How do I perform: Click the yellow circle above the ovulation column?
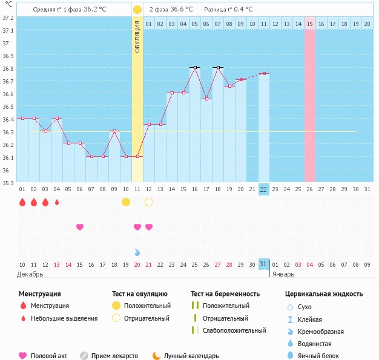[137, 10]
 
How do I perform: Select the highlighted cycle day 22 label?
[263, 189]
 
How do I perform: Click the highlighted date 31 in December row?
[263, 264]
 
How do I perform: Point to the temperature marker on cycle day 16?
[195, 68]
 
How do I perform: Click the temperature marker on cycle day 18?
[218, 68]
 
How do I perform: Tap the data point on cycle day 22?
[264, 73]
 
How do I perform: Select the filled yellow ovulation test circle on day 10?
[126, 202]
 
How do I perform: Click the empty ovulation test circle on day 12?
[149, 202]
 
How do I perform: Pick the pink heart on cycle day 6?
[80, 227]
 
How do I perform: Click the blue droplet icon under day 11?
[137, 252]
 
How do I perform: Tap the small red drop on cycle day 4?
[57, 202]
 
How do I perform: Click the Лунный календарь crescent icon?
[157, 356]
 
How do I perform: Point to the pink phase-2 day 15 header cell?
[309, 24]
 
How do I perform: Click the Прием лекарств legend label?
[114, 356]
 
